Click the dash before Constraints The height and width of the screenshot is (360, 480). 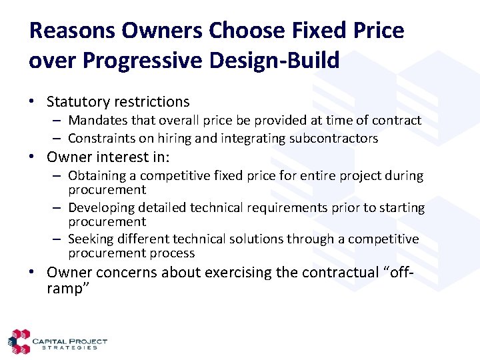(58, 139)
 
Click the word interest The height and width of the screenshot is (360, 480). (114, 157)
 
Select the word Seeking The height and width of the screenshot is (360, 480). (90, 239)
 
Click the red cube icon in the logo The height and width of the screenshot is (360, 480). (19, 341)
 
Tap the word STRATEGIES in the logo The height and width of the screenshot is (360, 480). (70, 347)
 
